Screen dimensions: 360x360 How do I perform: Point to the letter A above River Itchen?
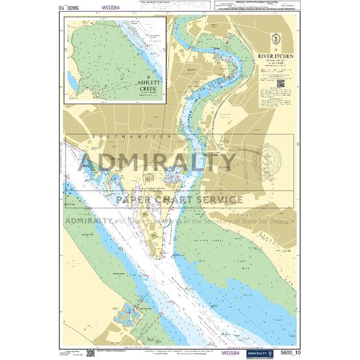click(275, 50)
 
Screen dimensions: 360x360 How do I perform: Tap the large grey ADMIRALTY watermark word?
click(158, 162)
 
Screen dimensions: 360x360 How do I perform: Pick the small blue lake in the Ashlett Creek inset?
click(71, 79)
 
